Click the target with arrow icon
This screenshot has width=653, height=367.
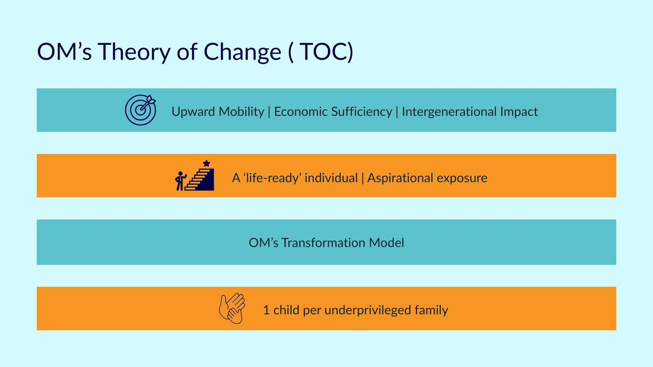pyautogui.click(x=140, y=110)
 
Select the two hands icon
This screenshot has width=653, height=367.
pyautogui.click(x=232, y=308)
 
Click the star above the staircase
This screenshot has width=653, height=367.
pyautogui.click(x=207, y=163)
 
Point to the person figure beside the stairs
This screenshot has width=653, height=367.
pyautogui.click(x=180, y=181)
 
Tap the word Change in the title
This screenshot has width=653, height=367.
pyautogui.click(x=242, y=52)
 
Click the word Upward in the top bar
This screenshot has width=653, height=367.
pyautogui.click(x=193, y=112)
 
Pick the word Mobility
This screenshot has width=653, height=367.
pyautogui.click(x=241, y=112)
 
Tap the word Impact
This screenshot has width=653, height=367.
pyautogui.click(x=519, y=112)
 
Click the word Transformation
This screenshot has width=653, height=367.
pyautogui.click(x=323, y=243)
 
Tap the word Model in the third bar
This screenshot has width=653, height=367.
pyautogui.click(x=386, y=243)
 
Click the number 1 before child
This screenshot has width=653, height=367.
pyautogui.click(x=266, y=310)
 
